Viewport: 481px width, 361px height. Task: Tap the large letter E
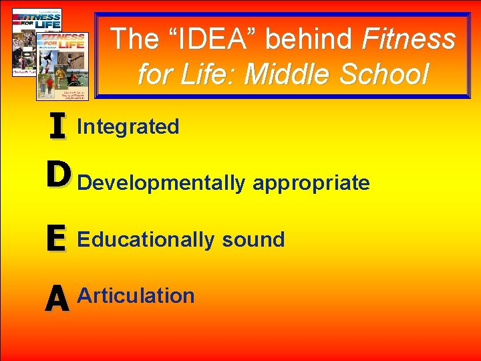[57, 239]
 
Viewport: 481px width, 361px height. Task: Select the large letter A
[58, 298]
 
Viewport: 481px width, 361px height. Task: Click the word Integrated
[128, 126]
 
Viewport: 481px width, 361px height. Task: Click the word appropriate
[311, 183]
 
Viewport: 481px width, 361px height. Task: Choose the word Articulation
[136, 295]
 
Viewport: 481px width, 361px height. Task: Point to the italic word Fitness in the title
[408, 39]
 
